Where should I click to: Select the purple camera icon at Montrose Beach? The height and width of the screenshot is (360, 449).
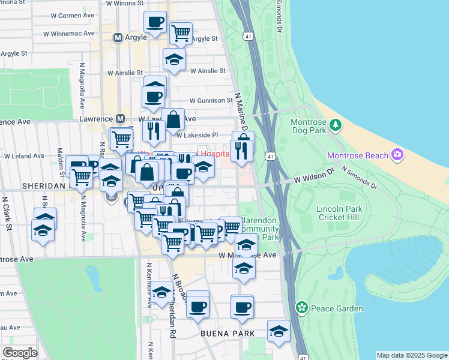(397, 156)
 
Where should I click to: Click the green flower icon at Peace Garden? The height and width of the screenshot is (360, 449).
(303, 309)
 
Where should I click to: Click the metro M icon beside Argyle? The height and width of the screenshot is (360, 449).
(118, 38)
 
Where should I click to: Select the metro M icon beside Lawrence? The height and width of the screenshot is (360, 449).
(120, 119)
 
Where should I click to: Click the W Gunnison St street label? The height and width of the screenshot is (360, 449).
(211, 100)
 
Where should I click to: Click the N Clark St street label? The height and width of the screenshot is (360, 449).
(8, 212)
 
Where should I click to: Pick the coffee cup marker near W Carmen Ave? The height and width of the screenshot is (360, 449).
(155, 22)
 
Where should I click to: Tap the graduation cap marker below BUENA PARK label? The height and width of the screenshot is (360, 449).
(278, 331)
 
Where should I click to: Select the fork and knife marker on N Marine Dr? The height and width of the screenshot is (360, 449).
(241, 150)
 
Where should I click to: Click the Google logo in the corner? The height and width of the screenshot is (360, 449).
(20, 353)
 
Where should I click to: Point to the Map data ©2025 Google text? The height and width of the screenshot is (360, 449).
(411, 355)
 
